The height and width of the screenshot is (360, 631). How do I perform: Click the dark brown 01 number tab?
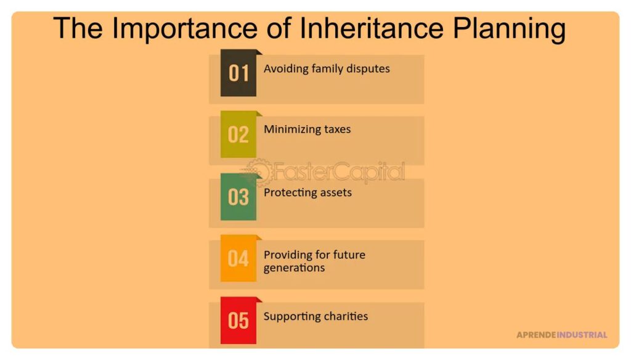click(x=238, y=73)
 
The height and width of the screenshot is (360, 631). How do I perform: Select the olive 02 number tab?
click(x=238, y=134)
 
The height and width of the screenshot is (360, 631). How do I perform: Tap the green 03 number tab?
click(x=238, y=197)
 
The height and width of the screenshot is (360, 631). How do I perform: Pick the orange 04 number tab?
click(x=238, y=258)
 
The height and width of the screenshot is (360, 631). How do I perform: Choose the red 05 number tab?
click(x=238, y=321)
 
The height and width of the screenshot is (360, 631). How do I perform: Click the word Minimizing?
click(x=290, y=129)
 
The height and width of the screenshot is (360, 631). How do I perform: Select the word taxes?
click(x=335, y=129)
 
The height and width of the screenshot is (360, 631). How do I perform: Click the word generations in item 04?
click(x=294, y=268)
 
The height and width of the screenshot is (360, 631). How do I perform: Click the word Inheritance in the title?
click(x=372, y=28)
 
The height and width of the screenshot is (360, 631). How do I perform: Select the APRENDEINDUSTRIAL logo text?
click(x=562, y=335)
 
